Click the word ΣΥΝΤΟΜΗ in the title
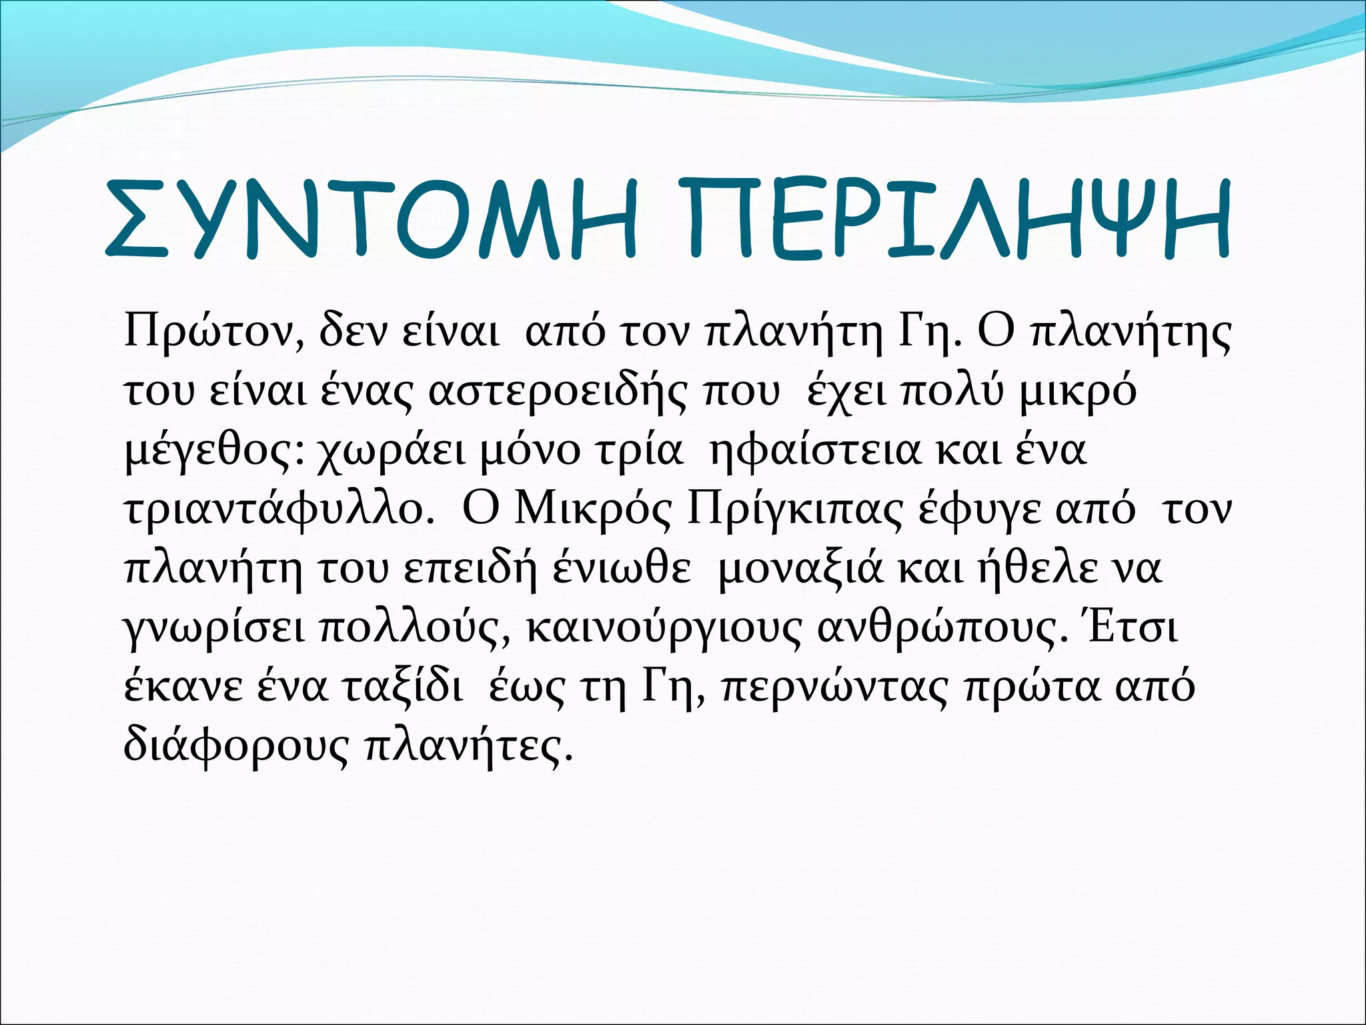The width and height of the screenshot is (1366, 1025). point(370,219)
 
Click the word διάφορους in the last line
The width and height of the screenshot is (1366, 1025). point(236,746)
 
